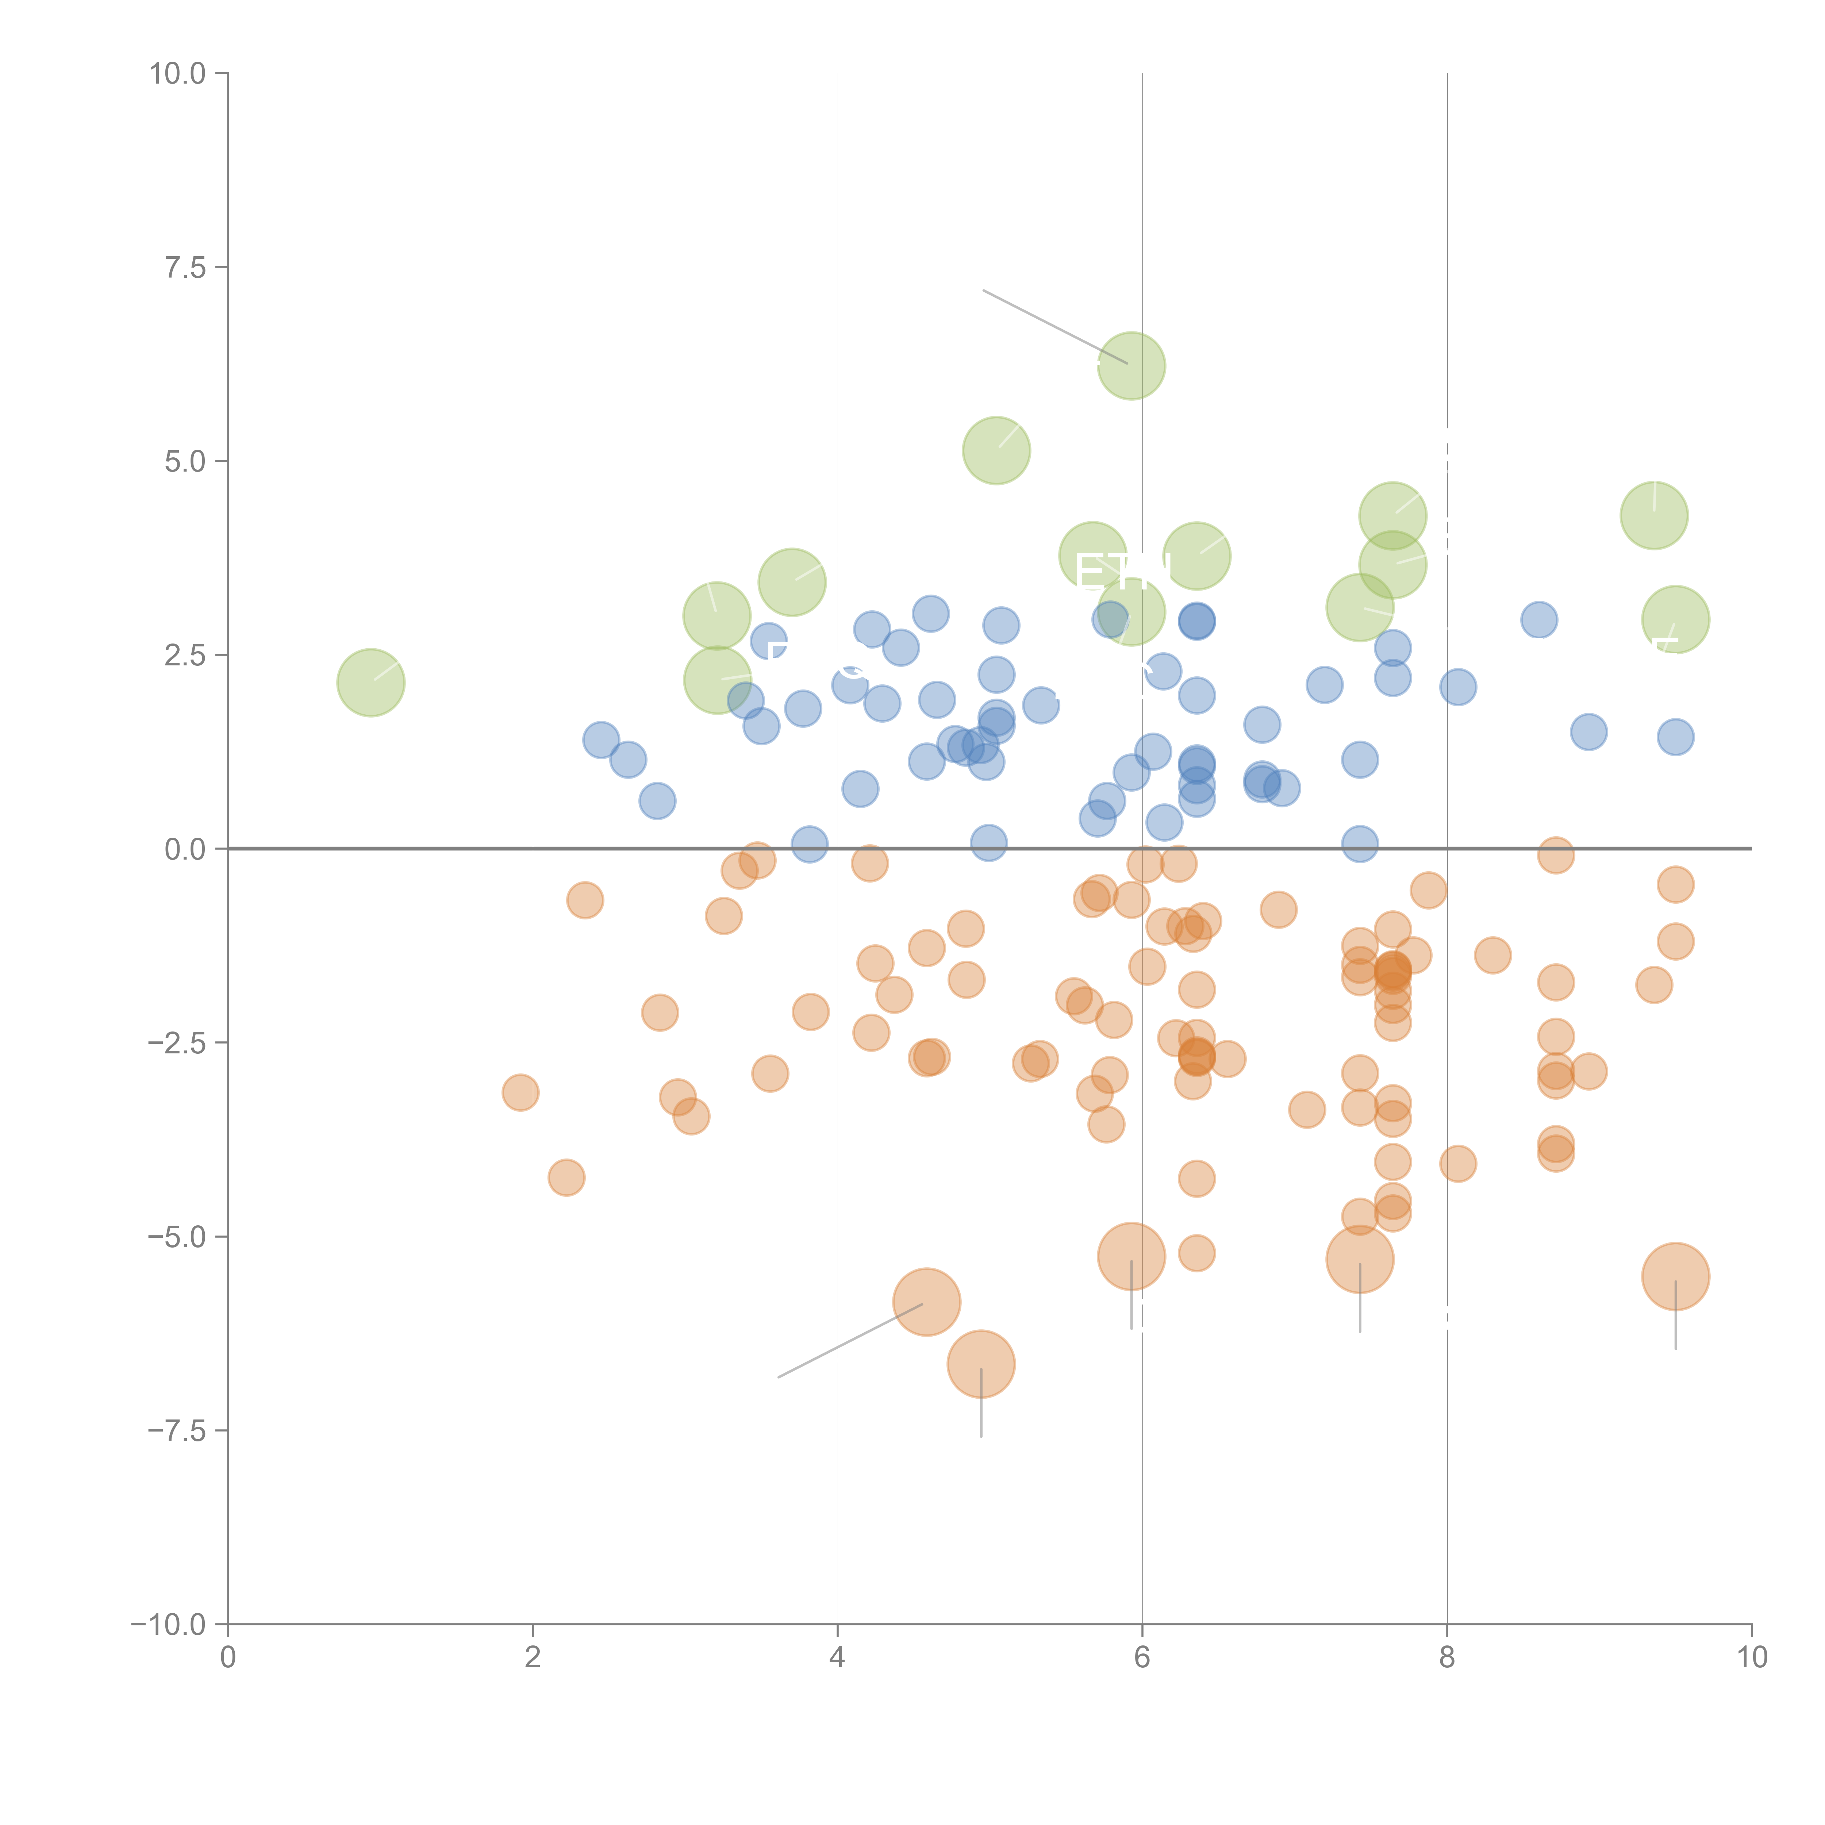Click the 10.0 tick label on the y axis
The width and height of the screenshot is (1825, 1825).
[178, 74]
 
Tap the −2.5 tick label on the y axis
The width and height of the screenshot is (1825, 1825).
[178, 1043]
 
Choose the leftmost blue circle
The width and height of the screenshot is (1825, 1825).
[601, 739]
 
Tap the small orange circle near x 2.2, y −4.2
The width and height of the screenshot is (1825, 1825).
[566, 1177]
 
